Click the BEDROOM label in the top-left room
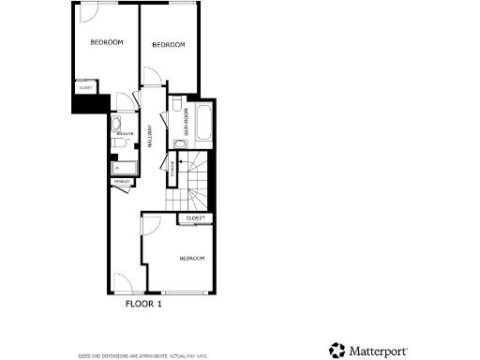tap(107, 42)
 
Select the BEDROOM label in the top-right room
tap(168, 45)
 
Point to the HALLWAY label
tap(150, 135)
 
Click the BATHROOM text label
tap(187, 123)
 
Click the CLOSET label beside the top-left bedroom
tap(85, 88)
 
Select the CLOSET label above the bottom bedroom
tap(195, 218)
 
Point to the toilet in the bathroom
tap(177, 102)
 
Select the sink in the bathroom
tap(176, 143)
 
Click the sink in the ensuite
tap(115, 123)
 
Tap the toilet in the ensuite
tap(116, 144)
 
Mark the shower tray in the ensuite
tap(123, 168)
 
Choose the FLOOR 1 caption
tap(144, 304)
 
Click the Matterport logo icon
tap(337, 351)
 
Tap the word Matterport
tap(379, 352)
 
